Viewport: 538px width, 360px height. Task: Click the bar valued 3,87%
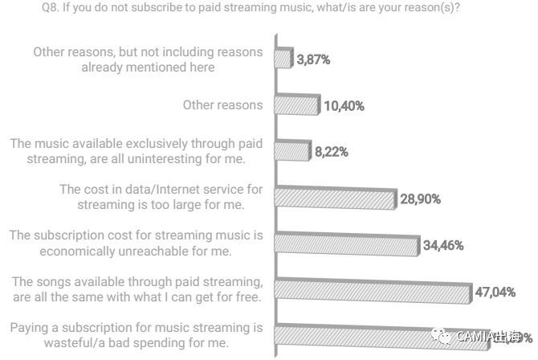283,59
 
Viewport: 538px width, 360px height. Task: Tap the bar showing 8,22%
292,151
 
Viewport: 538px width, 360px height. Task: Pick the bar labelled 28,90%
336,198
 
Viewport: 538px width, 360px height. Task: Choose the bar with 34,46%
346,244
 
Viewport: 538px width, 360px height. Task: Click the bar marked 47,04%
372,291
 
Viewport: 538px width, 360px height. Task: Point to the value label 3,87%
314,59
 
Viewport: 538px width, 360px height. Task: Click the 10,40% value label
347,105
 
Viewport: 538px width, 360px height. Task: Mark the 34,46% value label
442,244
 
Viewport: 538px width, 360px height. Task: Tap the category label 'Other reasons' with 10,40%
222,105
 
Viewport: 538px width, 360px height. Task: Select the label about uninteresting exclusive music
137,151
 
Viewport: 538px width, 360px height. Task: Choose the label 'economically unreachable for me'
136,243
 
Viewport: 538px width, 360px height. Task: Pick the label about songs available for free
137,289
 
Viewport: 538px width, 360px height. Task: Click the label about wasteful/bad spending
137,335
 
